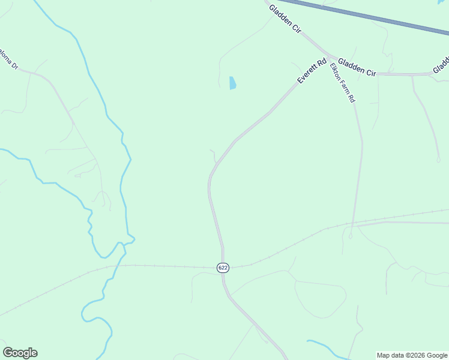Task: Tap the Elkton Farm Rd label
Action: pos(343,83)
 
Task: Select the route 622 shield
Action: pos(223,268)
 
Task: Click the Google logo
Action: pos(20,353)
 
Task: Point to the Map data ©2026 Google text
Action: pos(412,355)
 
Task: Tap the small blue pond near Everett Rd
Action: pos(232,83)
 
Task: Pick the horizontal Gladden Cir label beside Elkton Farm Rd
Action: pos(356,67)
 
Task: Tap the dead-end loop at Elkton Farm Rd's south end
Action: pos(350,236)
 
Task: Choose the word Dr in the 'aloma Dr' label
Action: pos(14,65)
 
